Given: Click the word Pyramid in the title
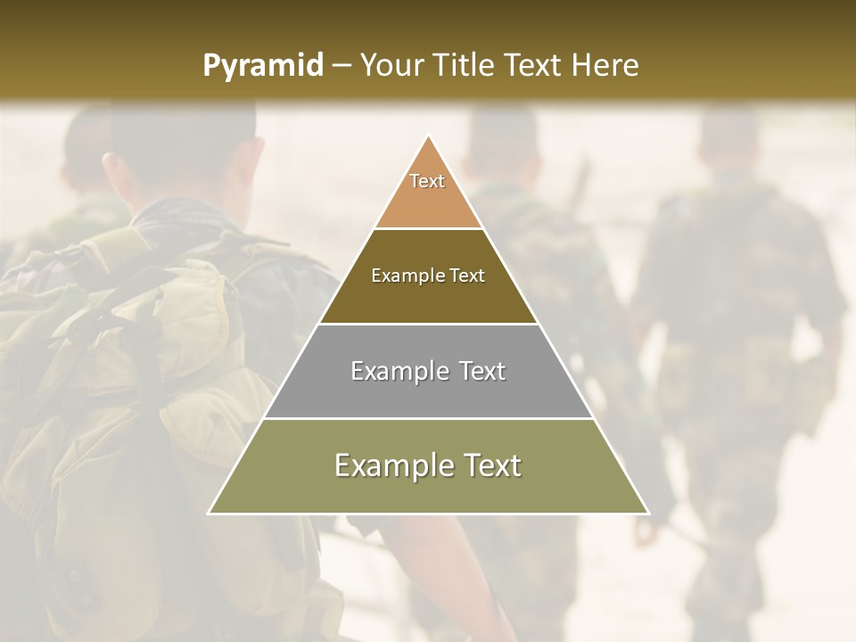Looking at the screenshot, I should (x=263, y=65).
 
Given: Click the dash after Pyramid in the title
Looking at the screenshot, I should (x=341, y=65).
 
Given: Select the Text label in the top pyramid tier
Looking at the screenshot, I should (x=427, y=181).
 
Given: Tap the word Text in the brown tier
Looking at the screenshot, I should (x=468, y=276).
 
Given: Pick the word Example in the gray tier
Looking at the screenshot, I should (x=389, y=371).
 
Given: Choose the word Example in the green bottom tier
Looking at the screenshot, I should (x=387, y=465).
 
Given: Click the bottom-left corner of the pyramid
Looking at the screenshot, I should (x=210, y=513).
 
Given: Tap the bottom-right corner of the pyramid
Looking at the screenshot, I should (x=648, y=513).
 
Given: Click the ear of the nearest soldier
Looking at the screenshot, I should (x=110, y=168).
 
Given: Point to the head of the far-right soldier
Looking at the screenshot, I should (x=728, y=143).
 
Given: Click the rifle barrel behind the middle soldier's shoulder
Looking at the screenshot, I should (x=580, y=183).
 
